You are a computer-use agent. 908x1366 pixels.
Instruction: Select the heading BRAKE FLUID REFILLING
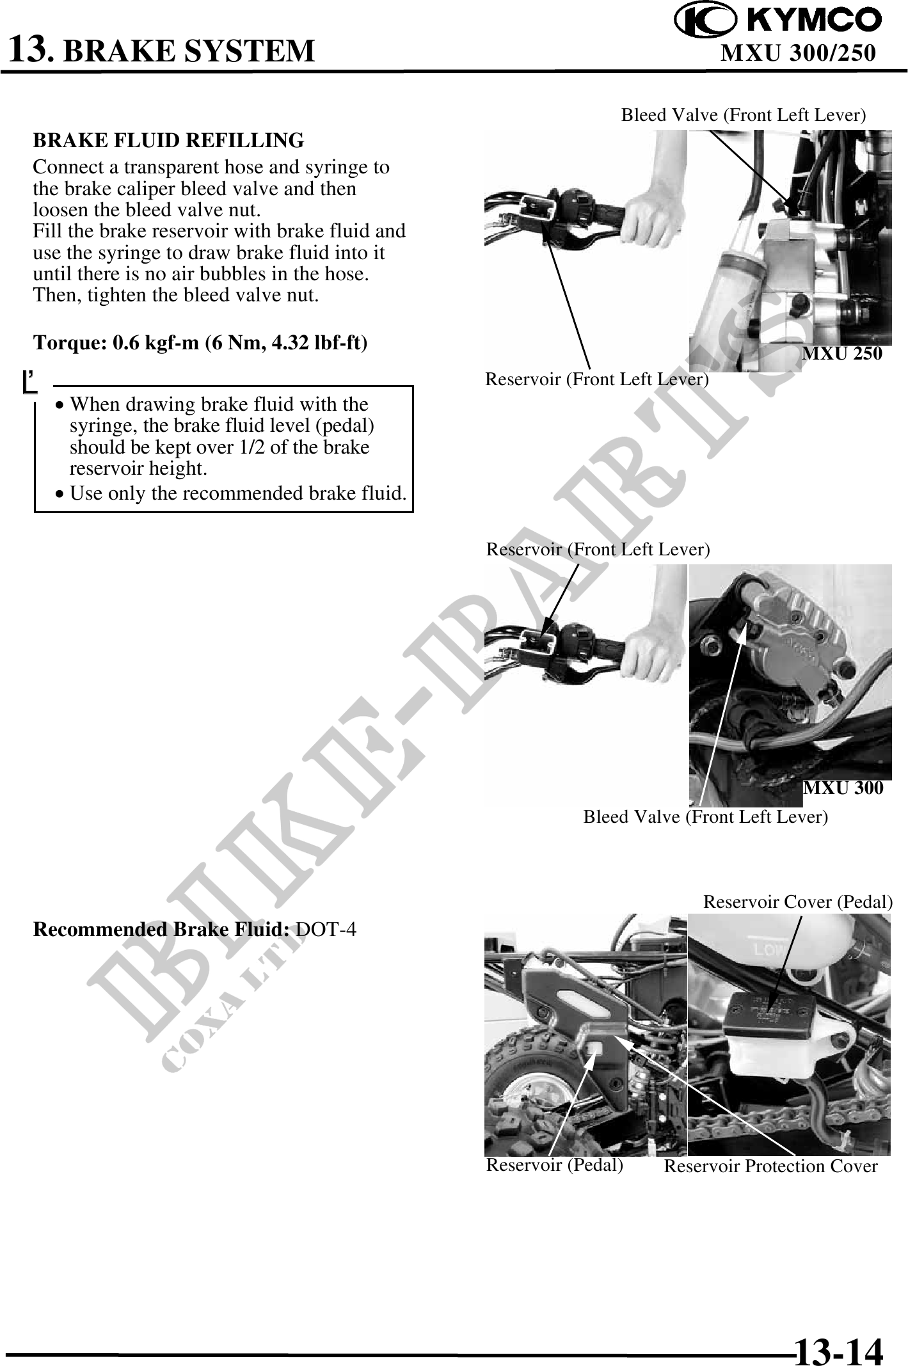[168, 139]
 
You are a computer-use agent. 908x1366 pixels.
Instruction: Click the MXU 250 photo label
[842, 353]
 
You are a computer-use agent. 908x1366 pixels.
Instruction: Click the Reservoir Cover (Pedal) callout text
[798, 902]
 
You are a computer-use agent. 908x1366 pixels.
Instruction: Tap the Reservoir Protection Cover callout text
[770, 1166]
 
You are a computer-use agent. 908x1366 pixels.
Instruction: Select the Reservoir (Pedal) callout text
[555, 1165]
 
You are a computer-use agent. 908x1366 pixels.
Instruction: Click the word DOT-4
[326, 929]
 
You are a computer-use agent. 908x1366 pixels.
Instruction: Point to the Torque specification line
[200, 343]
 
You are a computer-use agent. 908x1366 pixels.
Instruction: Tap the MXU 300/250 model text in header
[798, 52]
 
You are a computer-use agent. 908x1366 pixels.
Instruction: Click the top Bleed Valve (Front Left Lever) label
[744, 115]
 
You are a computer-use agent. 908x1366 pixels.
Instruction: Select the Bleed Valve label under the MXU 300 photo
[705, 817]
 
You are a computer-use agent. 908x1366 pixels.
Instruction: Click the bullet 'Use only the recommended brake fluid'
[231, 493]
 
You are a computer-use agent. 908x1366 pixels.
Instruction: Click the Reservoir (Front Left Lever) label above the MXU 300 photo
[598, 550]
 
